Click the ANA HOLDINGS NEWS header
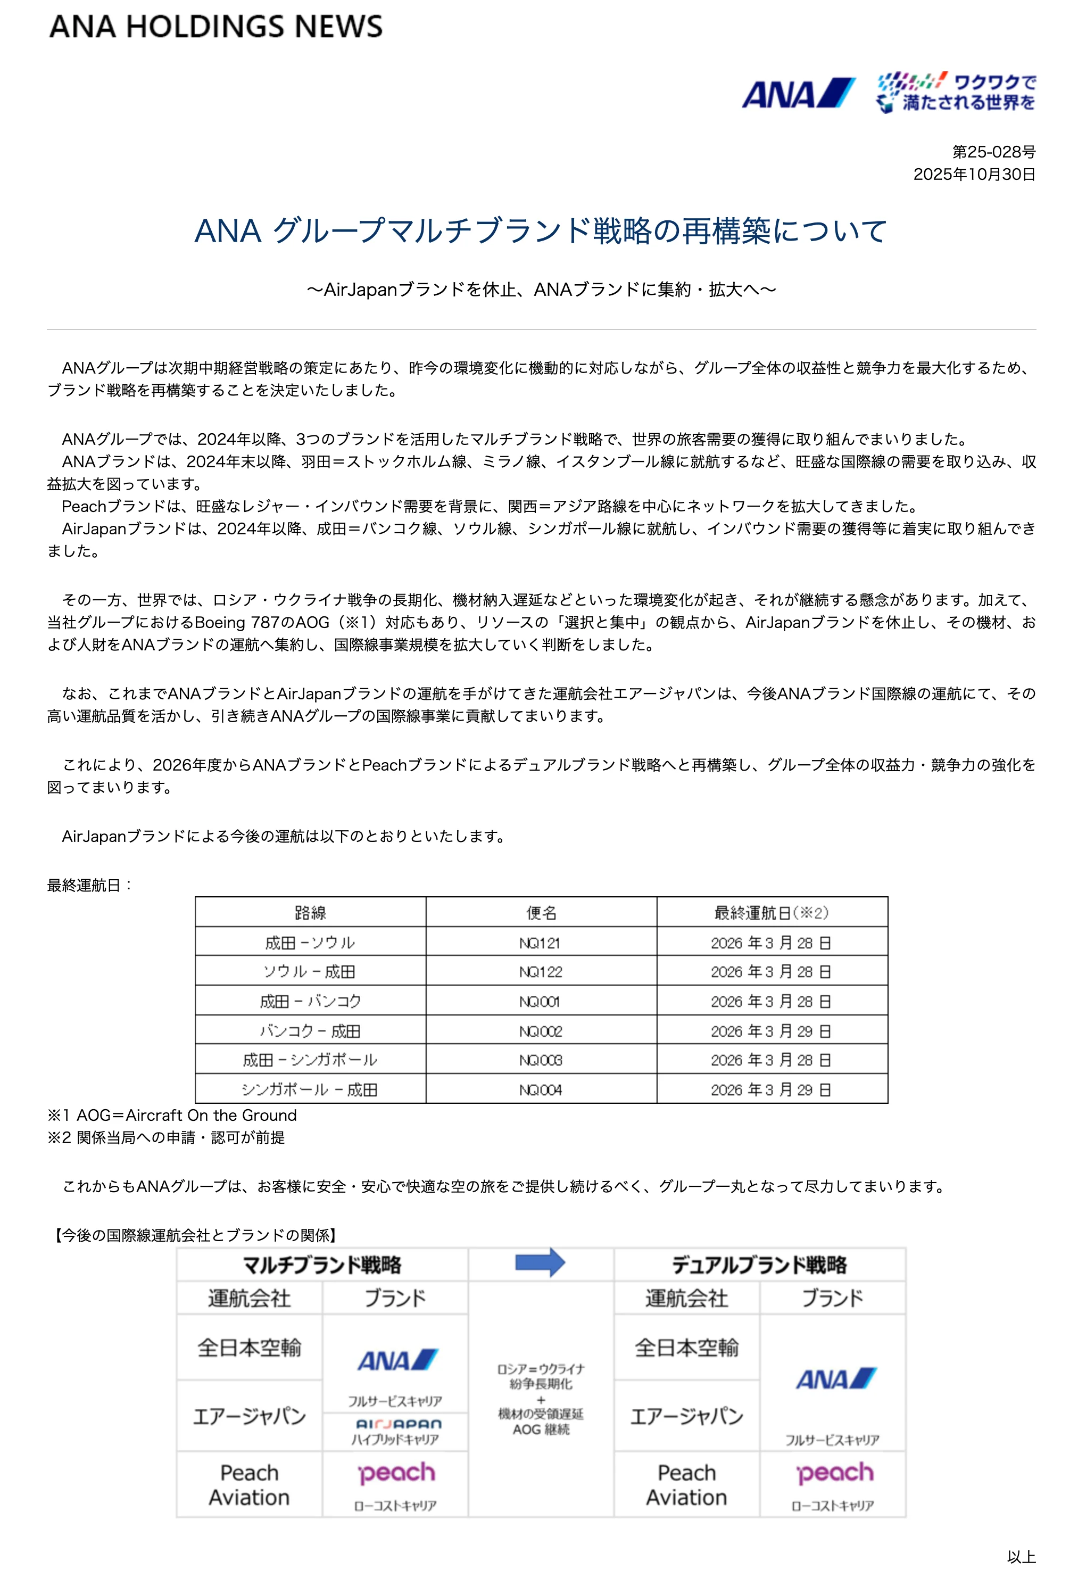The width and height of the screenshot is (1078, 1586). pyautogui.click(x=215, y=27)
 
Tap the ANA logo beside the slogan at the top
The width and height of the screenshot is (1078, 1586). pyautogui.click(x=798, y=94)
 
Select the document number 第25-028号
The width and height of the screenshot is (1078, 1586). pyautogui.click(x=993, y=152)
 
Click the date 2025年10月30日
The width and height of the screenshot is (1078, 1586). pyautogui.click(x=974, y=174)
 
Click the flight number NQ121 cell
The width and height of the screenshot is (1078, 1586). pyautogui.click(x=541, y=943)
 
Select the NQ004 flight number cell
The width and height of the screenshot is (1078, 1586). pyautogui.click(x=541, y=1090)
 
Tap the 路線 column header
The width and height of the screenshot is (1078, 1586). pyautogui.click(x=310, y=912)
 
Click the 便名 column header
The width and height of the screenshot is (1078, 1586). pyautogui.click(x=541, y=912)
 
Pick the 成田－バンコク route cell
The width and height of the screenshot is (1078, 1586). pyautogui.click(x=310, y=1001)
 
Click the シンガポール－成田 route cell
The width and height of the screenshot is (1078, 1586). pyautogui.click(x=310, y=1090)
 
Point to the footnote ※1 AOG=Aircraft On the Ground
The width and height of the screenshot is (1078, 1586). pyautogui.click(x=172, y=1115)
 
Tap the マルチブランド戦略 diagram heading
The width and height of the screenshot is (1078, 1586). pyautogui.click(x=322, y=1265)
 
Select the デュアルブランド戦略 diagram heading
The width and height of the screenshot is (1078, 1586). pyautogui.click(x=759, y=1265)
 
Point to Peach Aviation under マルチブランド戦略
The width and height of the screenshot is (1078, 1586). pyautogui.click(x=249, y=1484)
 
